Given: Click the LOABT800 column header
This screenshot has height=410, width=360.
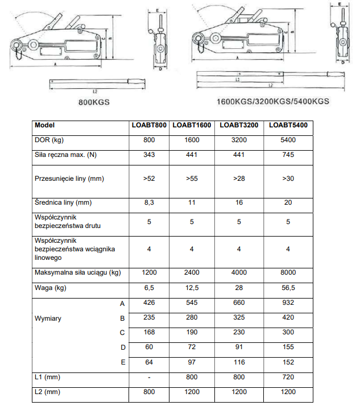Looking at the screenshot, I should pos(150,125).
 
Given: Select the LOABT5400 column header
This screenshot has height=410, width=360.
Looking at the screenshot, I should pos(288,125).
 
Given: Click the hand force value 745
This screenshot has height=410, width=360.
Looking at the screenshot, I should pos(288,155).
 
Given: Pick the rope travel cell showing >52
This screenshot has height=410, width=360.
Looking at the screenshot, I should pos(150,179).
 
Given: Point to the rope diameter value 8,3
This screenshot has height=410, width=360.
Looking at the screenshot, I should pos(150,202).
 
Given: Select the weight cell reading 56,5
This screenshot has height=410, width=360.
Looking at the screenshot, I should pos(288,288).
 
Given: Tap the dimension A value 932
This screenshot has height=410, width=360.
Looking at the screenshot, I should pos(288,303).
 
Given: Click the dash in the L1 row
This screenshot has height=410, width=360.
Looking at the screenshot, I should pos(150,377).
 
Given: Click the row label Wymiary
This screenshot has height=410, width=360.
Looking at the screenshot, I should pos(48,318).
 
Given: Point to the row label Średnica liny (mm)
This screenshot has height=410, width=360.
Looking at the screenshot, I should pos(63,202).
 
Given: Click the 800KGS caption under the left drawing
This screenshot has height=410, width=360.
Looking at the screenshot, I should pos(94,102).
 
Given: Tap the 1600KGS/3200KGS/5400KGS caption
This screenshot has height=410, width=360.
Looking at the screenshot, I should pos(273,102).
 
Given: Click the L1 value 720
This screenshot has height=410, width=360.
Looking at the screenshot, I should pos(288,377).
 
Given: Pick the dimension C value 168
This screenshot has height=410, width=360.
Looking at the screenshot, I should pos(150,333).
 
